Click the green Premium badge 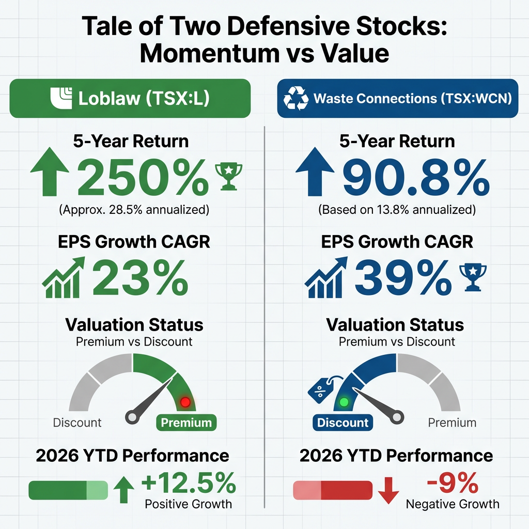[186, 423]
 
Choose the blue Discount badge [343, 423]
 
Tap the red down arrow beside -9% [388, 491]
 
